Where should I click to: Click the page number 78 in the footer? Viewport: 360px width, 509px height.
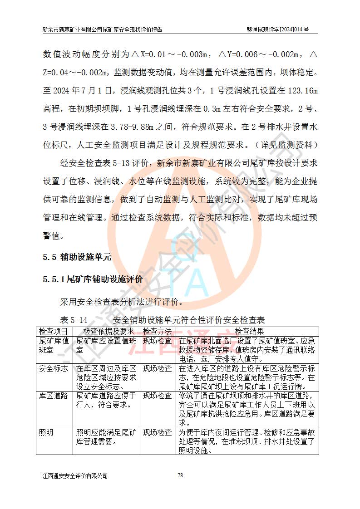180,475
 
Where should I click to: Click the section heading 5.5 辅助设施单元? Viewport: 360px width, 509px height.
77,257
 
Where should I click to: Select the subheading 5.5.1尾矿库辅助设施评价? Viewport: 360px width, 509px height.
93,279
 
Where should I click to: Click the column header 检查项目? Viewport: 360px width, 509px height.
54,332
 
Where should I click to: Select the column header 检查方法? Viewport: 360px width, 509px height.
157,332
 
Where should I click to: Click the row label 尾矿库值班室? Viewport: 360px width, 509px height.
54,345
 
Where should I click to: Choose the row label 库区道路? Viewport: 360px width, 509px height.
54,396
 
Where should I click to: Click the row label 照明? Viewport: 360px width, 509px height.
46,432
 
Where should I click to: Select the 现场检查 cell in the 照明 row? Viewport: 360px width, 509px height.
157,432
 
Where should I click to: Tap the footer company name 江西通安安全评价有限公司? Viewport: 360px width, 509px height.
75,476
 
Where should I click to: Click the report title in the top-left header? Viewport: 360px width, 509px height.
103,29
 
